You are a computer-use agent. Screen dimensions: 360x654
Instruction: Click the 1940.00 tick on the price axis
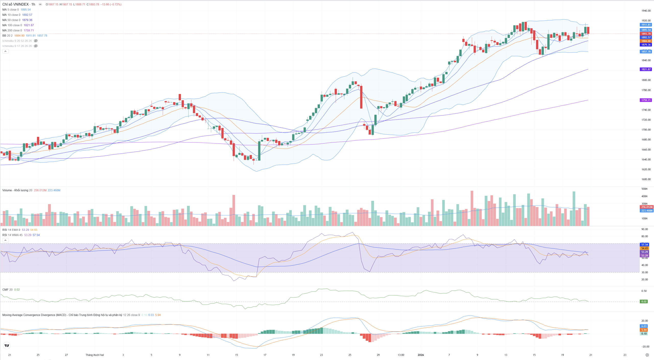[x=646, y=11]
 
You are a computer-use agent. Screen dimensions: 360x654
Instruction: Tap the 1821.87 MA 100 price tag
[x=646, y=69]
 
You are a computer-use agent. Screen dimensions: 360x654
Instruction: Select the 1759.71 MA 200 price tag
[x=646, y=100]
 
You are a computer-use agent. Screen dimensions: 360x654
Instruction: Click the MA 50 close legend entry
[x=11, y=20]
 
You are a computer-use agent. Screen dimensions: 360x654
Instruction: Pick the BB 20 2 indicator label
[x=7, y=35]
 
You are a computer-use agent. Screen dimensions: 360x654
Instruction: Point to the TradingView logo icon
[x=7, y=346]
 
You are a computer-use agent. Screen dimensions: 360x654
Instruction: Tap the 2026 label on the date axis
[x=421, y=355]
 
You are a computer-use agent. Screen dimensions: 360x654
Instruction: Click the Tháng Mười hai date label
[x=95, y=355]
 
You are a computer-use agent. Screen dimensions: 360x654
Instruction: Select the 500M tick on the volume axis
[x=644, y=189]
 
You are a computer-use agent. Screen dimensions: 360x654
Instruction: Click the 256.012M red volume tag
[x=646, y=207]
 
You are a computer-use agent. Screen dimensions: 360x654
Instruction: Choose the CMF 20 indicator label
[x=7, y=290]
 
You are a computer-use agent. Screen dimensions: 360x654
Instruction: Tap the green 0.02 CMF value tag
[x=644, y=302]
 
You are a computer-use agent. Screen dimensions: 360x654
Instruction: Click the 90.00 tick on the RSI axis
[x=645, y=229]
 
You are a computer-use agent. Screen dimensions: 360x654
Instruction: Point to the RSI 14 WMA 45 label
[x=12, y=235]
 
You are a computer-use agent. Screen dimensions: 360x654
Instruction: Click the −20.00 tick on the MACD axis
[x=645, y=346]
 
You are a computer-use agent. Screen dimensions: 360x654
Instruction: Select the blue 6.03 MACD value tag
[x=644, y=326]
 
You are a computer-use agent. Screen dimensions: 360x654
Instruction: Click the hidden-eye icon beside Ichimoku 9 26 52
[x=36, y=41]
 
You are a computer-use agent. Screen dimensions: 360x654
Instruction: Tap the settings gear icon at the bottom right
[x=647, y=355]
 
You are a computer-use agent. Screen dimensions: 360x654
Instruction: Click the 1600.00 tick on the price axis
[x=646, y=179]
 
